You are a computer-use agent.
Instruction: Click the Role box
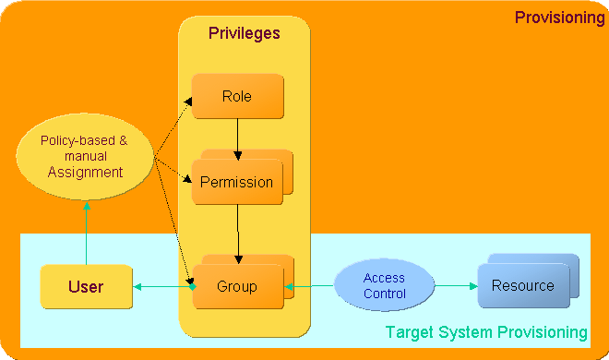[x=236, y=97]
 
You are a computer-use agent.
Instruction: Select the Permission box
[x=236, y=182]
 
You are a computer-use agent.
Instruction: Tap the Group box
[x=236, y=286]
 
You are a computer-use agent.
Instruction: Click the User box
[x=86, y=287]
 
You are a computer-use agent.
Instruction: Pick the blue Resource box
[x=522, y=286]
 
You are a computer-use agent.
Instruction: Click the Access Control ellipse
[x=384, y=286]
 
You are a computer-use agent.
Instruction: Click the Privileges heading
[x=244, y=33]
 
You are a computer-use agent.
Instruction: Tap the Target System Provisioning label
[x=486, y=331]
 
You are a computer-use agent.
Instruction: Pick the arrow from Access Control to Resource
[x=456, y=286]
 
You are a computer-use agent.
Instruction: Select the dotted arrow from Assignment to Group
[x=173, y=222]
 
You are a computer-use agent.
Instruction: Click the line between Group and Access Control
[x=310, y=287]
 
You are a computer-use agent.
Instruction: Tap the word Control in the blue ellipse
[x=384, y=294]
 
